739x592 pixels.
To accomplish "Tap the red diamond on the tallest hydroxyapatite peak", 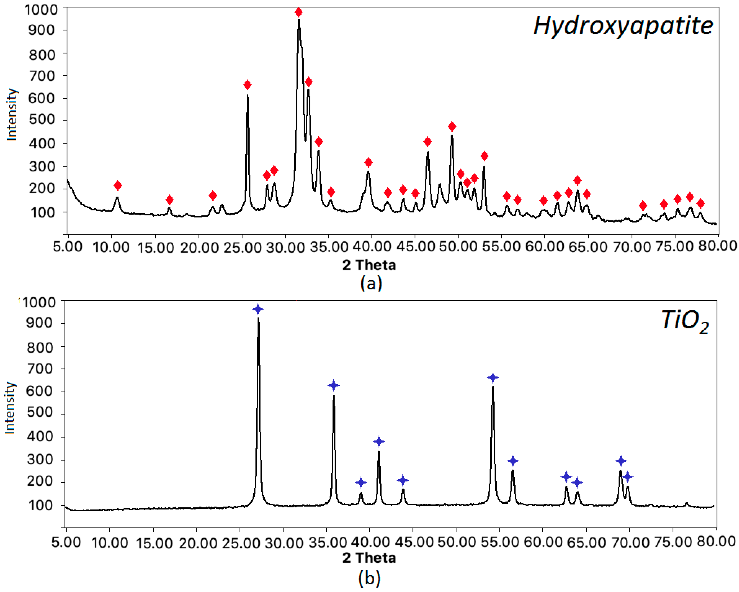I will point(298,13).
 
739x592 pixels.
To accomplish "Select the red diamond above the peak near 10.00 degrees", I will point(118,186).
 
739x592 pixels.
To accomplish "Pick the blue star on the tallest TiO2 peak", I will point(258,309).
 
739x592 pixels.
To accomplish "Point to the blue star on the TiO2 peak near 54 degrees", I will point(493,378).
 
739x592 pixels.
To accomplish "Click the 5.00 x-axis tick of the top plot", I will point(68,246).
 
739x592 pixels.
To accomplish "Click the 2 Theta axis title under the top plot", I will point(369,265).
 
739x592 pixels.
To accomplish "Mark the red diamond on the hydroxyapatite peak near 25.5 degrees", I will point(247,85).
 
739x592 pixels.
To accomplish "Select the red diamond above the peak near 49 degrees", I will point(452,127).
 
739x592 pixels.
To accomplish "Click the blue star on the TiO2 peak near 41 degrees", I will point(379,442).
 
